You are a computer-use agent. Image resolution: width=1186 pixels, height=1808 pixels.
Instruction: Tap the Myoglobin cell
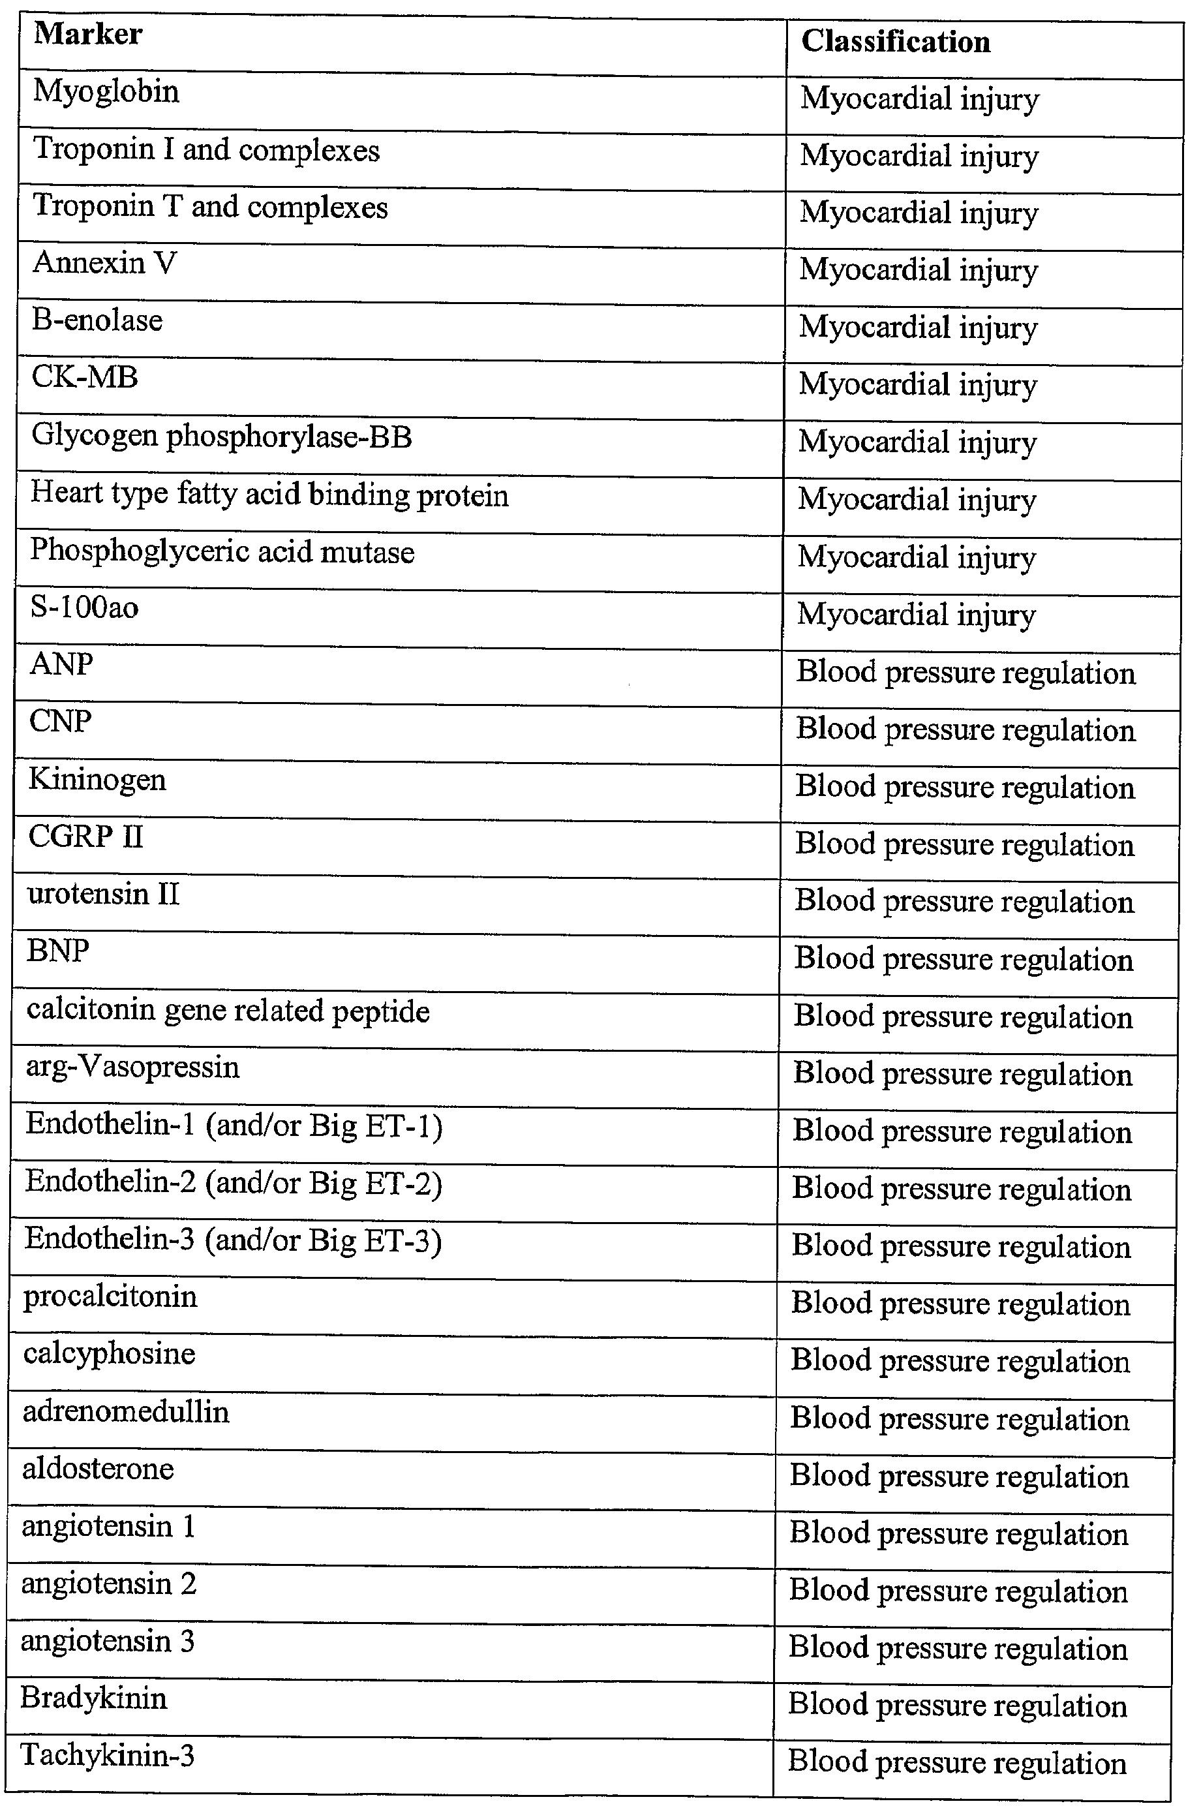[106, 93]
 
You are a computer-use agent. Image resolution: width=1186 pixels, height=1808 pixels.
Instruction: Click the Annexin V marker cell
[104, 264]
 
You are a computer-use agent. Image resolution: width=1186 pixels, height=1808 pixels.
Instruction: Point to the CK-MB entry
[84, 378]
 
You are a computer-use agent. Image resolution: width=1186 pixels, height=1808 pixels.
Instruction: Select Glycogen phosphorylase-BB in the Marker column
[221, 437]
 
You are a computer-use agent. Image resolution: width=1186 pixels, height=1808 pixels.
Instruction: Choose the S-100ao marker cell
[84, 607]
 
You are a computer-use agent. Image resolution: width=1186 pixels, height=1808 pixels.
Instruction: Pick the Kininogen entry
[97, 780]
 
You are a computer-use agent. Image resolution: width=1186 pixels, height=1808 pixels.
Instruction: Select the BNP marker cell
[58, 951]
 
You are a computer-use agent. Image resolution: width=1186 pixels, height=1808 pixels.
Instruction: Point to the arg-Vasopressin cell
[132, 1067]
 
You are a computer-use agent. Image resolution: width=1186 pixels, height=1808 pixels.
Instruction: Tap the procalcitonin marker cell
[110, 1296]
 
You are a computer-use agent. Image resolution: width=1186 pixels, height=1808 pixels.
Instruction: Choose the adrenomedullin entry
[125, 1411]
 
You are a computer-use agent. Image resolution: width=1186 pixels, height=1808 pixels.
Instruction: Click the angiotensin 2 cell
[109, 1584]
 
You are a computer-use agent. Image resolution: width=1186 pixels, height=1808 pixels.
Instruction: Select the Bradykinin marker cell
[93, 1698]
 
